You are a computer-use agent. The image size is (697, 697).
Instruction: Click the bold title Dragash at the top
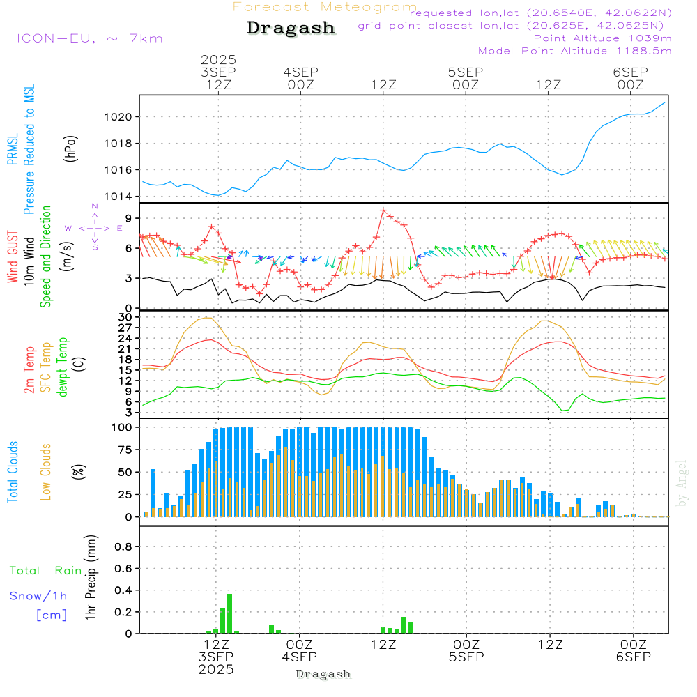click(291, 29)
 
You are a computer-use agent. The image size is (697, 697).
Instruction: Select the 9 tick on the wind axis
click(128, 219)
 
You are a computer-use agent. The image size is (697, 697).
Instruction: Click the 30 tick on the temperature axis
click(126, 317)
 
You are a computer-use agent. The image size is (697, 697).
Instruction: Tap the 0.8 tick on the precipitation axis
click(123, 546)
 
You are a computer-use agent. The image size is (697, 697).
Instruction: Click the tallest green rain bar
click(229, 613)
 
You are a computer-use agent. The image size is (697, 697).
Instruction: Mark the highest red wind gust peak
click(383, 210)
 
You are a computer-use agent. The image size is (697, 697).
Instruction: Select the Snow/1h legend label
click(38, 596)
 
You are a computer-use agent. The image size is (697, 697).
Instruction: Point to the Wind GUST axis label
click(13, 258)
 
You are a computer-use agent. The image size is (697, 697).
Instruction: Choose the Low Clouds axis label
click(46, 471)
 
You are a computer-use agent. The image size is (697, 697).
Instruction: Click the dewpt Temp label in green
click(63, 367)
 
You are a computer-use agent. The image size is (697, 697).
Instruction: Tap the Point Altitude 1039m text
click(602, 38)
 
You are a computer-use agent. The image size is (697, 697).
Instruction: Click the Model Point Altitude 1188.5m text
click(574, 51)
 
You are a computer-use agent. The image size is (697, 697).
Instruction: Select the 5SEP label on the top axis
click(465, 72)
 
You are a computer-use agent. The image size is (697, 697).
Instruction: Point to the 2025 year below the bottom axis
click(216, 670)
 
